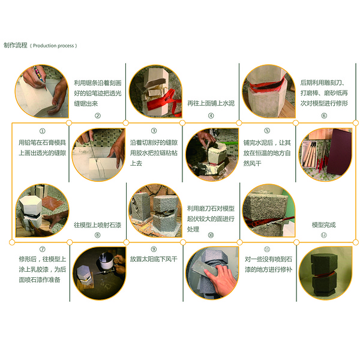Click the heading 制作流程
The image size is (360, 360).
coord(16,45)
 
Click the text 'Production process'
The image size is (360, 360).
coord(53,46)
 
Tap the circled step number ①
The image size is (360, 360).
coord(43,131)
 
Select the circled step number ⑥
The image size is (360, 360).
coord(324,115)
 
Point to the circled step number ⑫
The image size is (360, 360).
coord(324,235)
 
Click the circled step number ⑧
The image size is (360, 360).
coord(98,235)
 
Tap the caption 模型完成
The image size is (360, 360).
coord(324,225)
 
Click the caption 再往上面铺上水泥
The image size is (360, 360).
coord(211,103)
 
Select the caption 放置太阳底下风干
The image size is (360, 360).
coord(154,259)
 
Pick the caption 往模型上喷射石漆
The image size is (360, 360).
coord(97,225)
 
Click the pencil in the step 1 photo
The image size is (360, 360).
coord(40,77)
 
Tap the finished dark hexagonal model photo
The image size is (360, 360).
coord(325,273)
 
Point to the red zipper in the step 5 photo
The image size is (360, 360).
coord(268,85)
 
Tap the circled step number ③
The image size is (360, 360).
coord(154,131)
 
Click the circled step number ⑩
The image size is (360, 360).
coord(211,235)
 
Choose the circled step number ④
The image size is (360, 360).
coord(211,115)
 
